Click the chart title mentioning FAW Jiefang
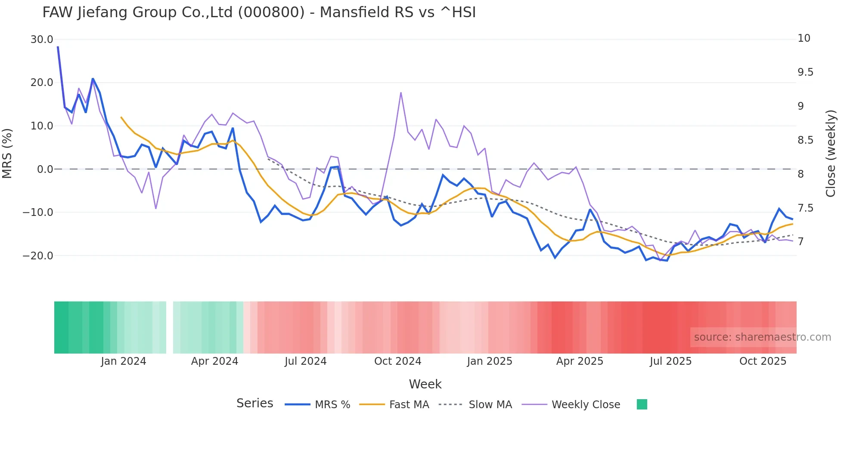(x=259, y=12)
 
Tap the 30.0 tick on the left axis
(x=42, y=40)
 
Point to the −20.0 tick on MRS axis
(x=38, y=256)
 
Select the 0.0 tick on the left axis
(x=45, y=169)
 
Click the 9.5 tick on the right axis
(x=805, y=72)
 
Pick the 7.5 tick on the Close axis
(x=805, y=208)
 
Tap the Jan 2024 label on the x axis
(x=124, y=361)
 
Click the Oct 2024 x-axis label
(x=397, y=361)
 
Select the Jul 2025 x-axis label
(x=670, y=361)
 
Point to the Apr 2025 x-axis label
(x=580, y=361)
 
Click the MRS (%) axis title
(x=7, y=154)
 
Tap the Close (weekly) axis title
(x=831, y=154)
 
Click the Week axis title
(x=425, y=384)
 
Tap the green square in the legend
(x=642, y=405)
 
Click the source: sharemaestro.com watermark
(x=762, y=337)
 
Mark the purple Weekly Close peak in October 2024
(x=401, y=92)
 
